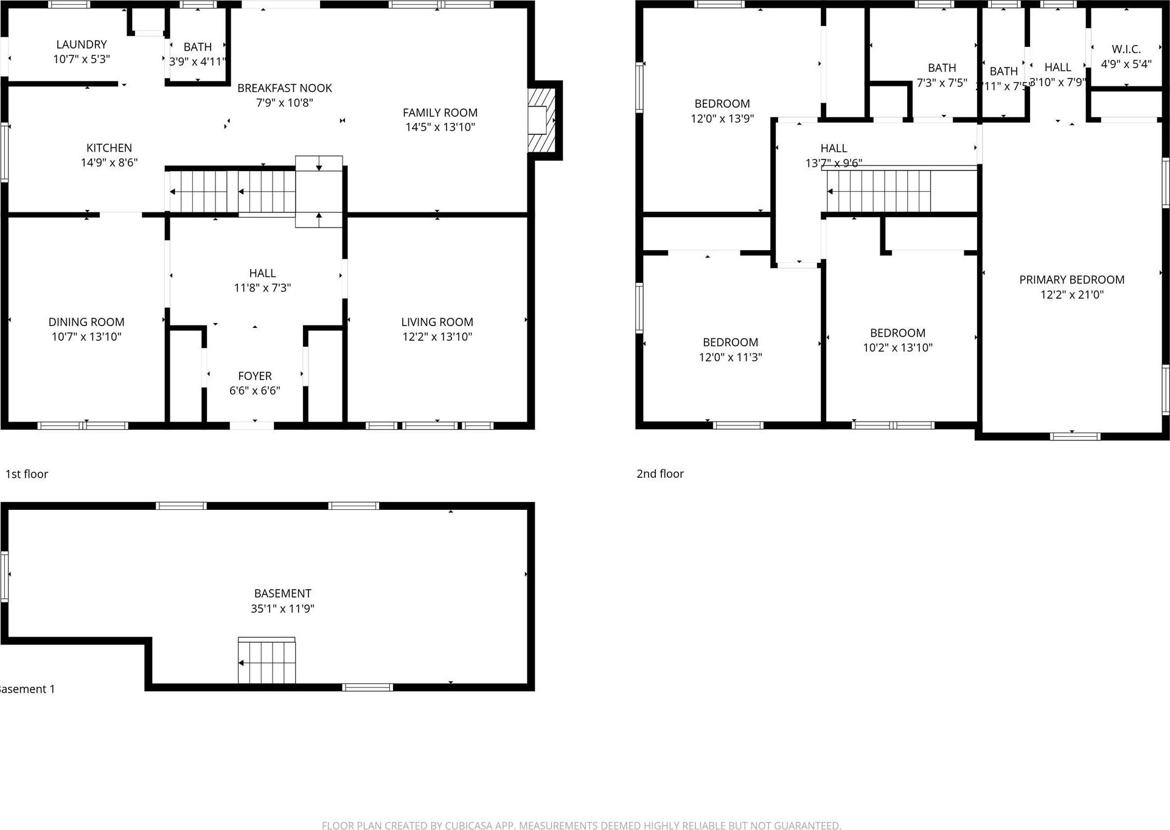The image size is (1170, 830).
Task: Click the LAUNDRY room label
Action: coord(82,44)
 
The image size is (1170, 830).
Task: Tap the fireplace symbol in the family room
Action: coord(541,120)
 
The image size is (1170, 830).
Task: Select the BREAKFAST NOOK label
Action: coord(284,88)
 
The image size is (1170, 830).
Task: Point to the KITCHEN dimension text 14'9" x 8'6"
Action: coord(110,162)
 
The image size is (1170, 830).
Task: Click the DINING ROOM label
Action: coord(86,322)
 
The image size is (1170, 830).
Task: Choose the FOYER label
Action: coord(255,376)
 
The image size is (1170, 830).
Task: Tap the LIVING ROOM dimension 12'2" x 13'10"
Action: coord(437,337)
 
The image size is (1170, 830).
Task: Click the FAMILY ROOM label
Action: coord(440,113)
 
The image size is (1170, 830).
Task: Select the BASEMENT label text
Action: coord(282,593)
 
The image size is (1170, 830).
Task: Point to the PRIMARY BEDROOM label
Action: coord(1071,280)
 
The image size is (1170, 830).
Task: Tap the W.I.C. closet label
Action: coord(1126,49)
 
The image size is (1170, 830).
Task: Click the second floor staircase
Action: coord(879,191)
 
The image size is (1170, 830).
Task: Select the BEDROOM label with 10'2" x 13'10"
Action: coord(897,333)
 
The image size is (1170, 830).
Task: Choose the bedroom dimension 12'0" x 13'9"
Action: coord(722,119)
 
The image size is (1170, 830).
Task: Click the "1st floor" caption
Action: coord(27,474)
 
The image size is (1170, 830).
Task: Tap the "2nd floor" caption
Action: coord(660,474)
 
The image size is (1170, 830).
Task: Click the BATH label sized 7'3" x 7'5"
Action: coord(941,68)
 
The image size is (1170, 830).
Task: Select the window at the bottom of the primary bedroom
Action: coord(1075,436)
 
